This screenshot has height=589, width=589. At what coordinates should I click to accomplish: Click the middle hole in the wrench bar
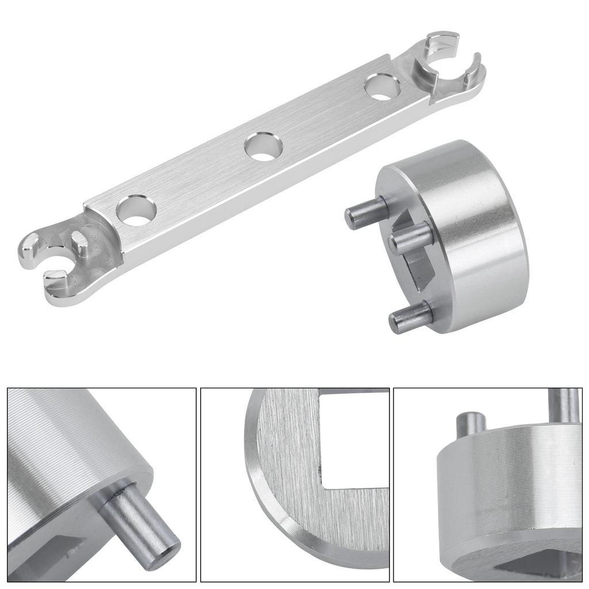(263, 147)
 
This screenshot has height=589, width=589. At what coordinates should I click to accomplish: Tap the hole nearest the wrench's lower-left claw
(136, 211)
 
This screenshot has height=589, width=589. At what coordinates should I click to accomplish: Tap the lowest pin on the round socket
(410, 316)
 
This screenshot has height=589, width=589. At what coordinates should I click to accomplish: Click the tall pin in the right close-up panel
(564, 408)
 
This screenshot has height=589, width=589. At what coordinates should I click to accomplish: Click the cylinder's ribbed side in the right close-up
(506, 495)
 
